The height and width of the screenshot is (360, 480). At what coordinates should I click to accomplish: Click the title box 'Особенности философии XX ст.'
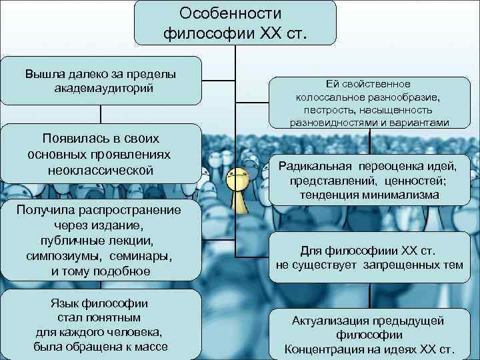(x=235, y=23)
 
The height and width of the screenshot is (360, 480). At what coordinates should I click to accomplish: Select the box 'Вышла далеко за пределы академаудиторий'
(x=101, y=80)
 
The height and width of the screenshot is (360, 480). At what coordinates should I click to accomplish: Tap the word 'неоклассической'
(x=101, y=171)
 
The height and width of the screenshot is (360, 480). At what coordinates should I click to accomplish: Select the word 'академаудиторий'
(x=101, y=87)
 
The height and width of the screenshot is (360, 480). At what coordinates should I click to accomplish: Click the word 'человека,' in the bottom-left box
(x=137, y=332)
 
